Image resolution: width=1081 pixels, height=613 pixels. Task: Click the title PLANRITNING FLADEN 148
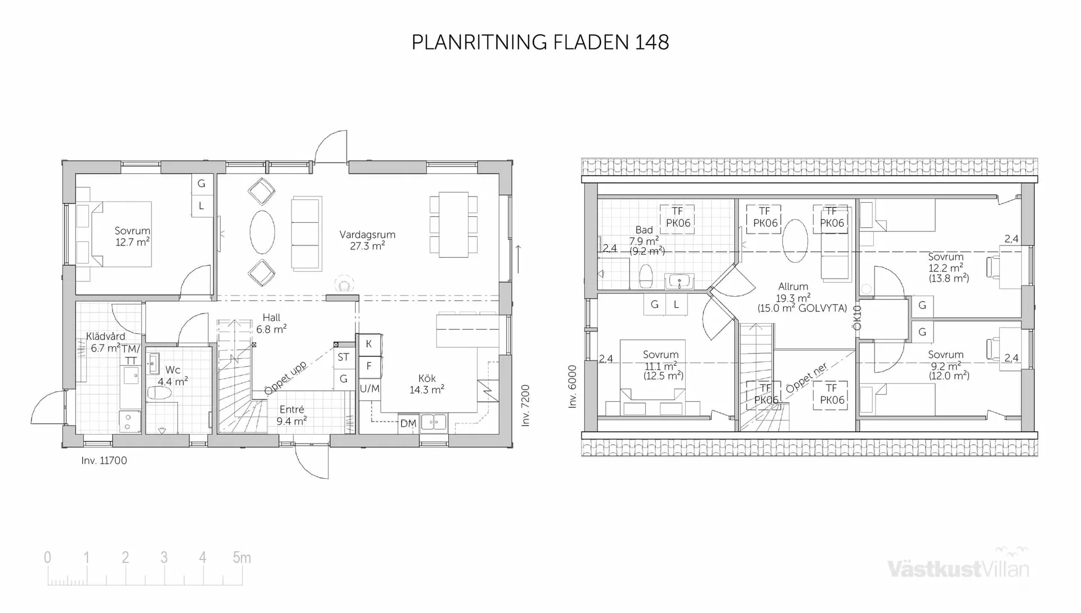(540, 42)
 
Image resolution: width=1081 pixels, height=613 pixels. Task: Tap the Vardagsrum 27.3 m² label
(367, 240)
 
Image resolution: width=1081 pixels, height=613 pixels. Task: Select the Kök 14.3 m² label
(427, 384)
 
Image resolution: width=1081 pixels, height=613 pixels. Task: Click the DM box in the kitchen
(408, 423)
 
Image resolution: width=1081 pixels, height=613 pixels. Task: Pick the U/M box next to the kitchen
(369, 388)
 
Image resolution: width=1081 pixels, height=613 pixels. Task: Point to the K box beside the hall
(369, 343)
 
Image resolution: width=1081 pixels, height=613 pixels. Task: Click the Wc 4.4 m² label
(172, 375)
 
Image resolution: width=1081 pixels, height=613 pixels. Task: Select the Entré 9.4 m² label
(291, 415)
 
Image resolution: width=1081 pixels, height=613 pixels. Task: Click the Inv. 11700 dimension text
(104, 460)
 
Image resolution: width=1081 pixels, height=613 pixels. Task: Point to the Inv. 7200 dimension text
(525, 405)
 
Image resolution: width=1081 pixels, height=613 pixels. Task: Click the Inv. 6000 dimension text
(573, 387)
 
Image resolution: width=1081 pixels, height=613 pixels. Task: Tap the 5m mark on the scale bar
(242, 558)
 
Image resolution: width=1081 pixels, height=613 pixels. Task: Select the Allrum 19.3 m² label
(793, 297)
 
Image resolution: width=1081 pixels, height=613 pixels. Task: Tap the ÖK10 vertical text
(857, 318)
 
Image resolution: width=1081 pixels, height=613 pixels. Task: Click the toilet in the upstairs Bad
(646, 276)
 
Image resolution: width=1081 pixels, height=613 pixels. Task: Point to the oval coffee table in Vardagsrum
(262, 232)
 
